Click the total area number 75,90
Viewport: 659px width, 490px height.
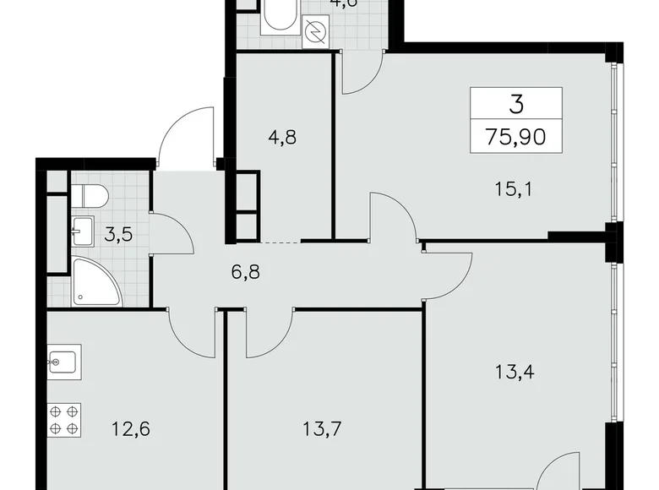[516, 135]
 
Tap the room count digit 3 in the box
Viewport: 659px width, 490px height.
[516, 105]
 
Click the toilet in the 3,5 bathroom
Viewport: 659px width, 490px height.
[90, 194]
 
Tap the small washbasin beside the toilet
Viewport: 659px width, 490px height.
[83, 229]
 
